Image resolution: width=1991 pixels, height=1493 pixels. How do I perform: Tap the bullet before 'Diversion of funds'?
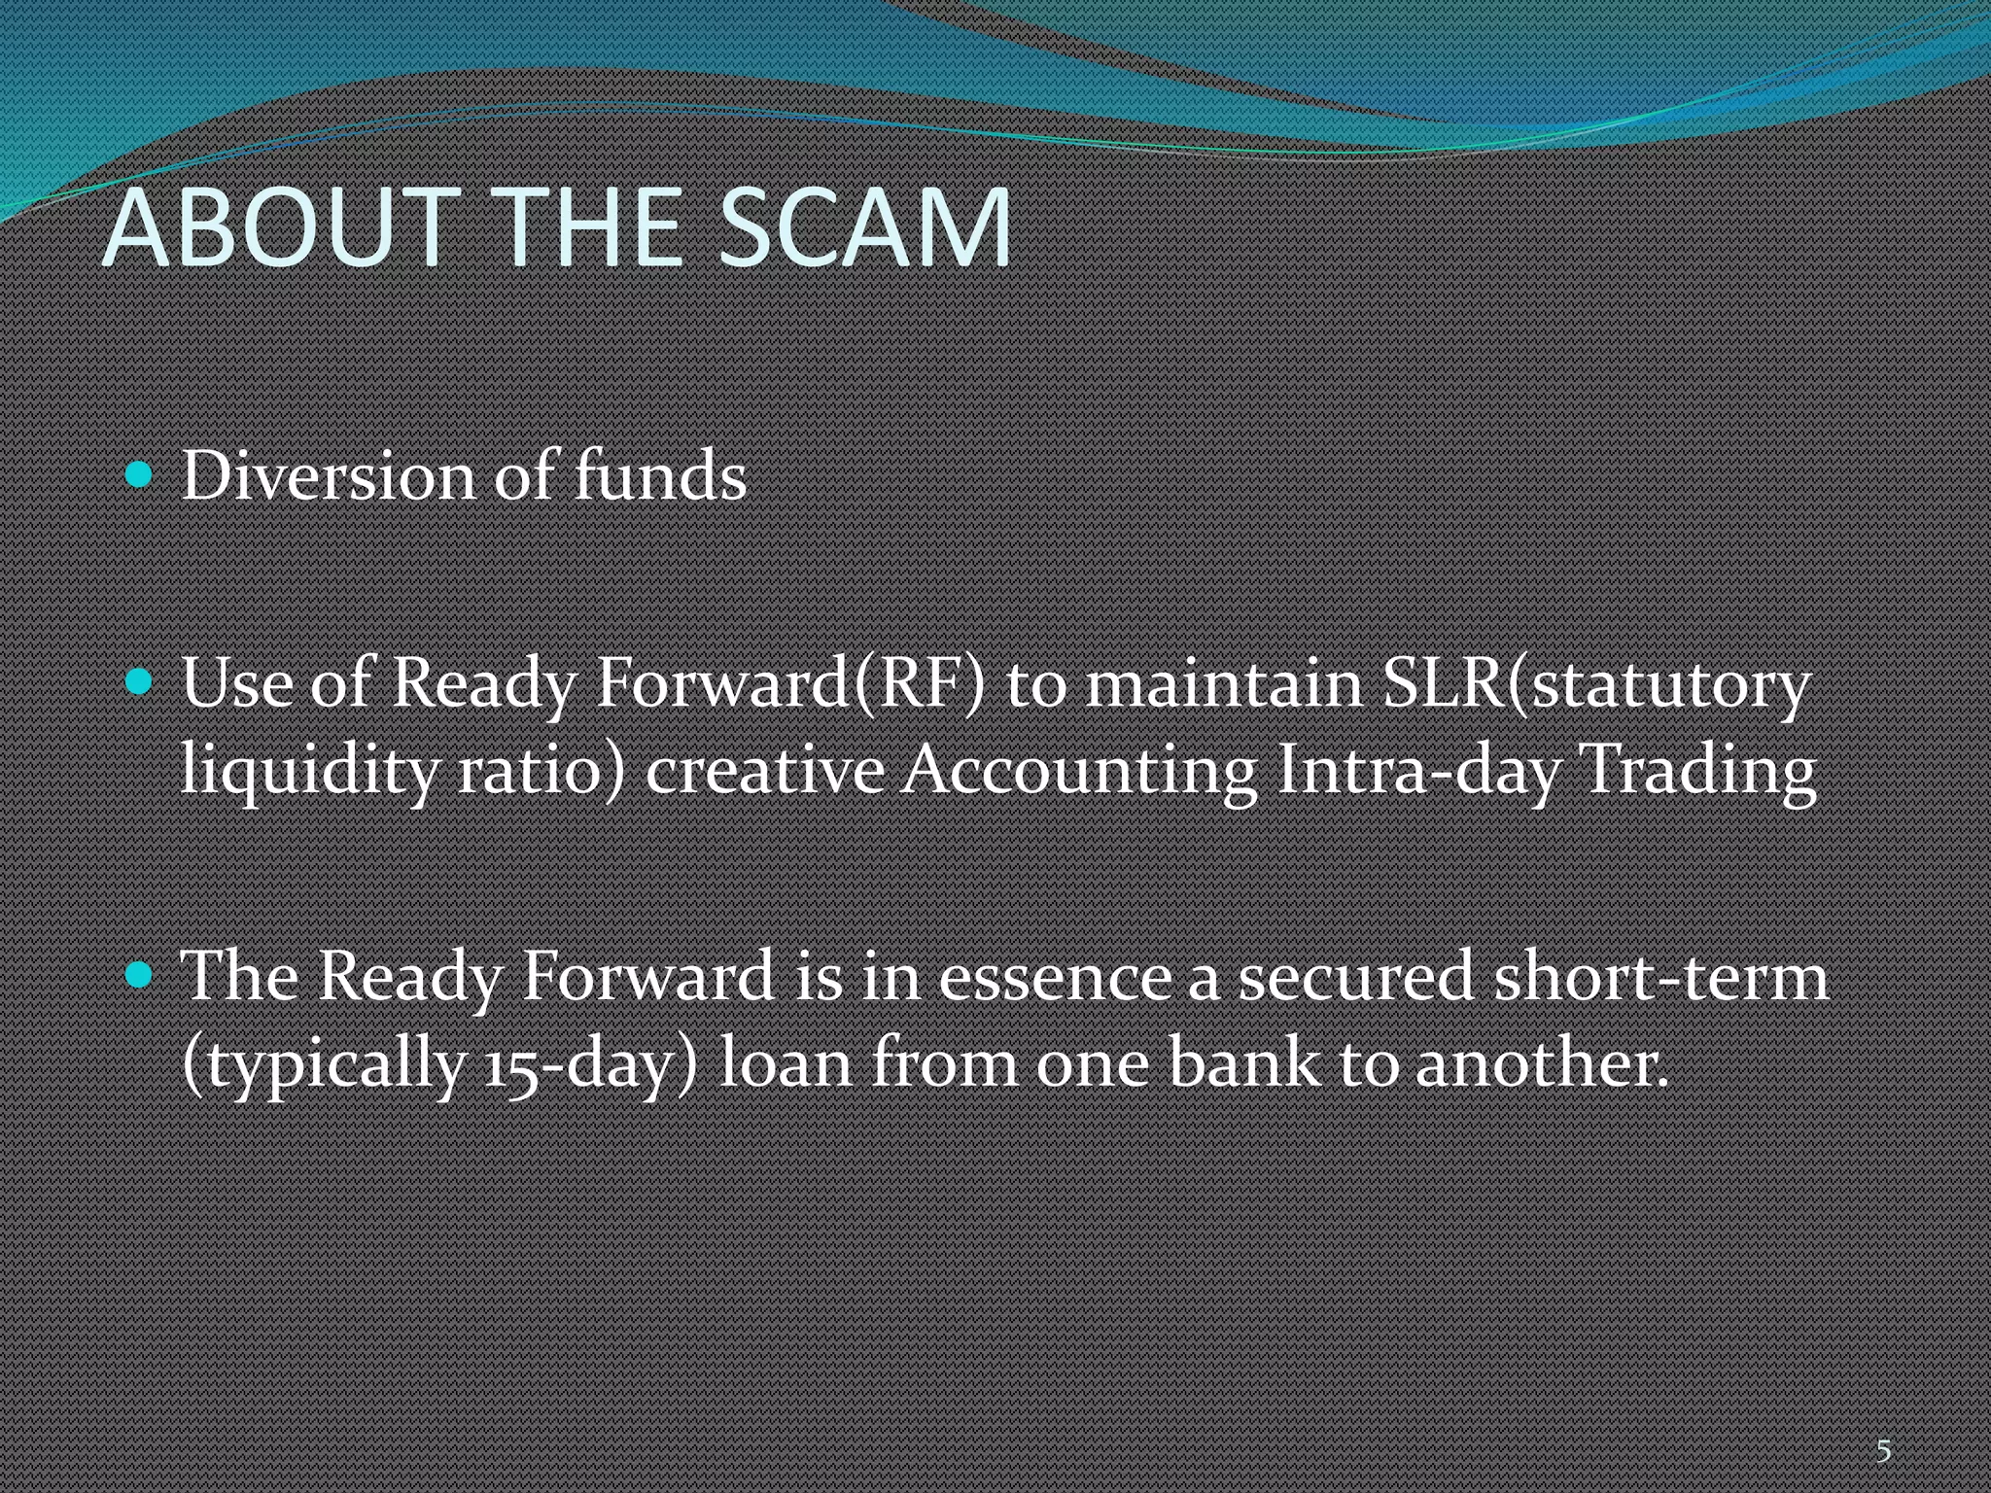140,475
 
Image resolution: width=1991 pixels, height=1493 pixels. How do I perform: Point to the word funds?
660,476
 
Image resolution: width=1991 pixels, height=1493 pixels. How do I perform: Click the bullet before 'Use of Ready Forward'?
140,681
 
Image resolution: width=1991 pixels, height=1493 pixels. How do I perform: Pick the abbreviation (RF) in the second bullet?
919,683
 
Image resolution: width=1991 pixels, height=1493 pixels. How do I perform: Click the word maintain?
1224,683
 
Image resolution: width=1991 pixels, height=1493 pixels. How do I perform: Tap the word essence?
1055,976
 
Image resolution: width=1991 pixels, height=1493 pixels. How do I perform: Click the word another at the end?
1540,1063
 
